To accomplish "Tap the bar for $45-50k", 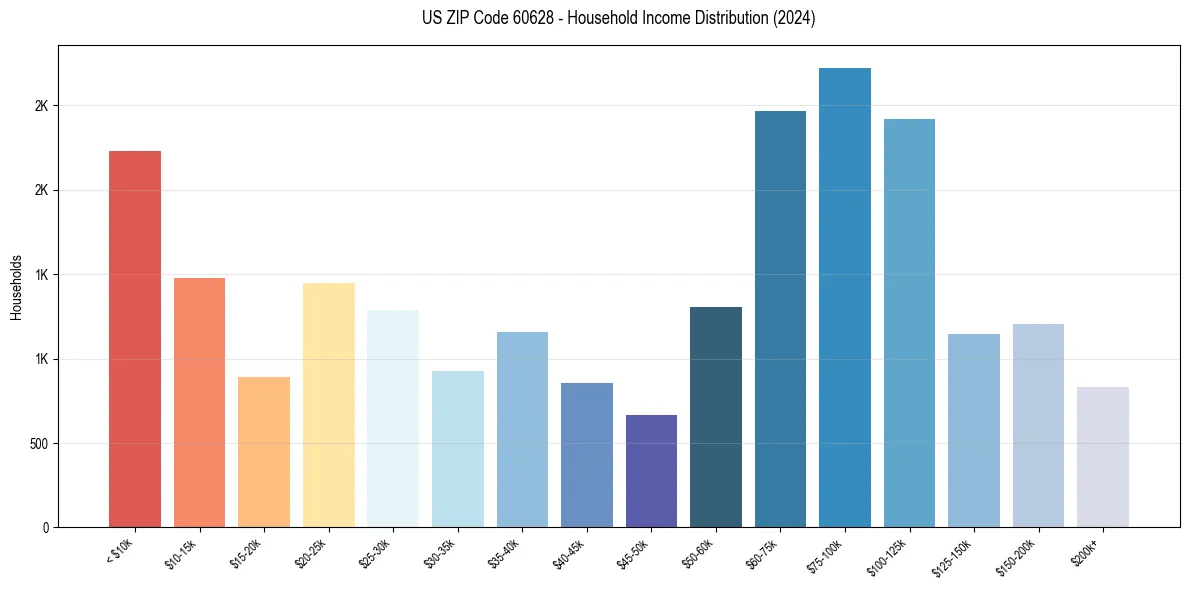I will tap(651, 471).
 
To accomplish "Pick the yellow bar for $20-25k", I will tap(329, 405).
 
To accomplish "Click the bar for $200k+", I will tap(1103, 457).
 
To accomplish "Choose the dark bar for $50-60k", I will tap(716, 417).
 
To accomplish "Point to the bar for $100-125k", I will tap(909, 323).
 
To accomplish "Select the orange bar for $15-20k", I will tap(264, 452).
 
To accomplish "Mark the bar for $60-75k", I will tap(780, 319).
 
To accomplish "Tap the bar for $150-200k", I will tap(1038, 425).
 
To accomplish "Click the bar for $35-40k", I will tap(522, 429).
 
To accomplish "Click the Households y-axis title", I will tap(16, 286).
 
